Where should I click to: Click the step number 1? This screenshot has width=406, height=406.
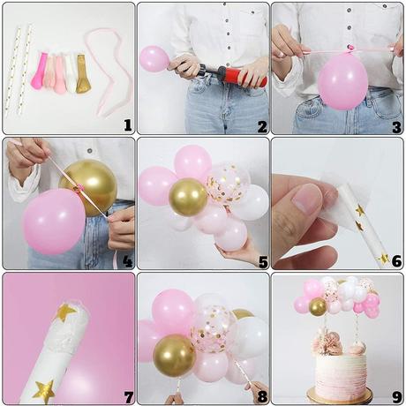[x=127, y=125]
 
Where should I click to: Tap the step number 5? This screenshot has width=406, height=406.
[x=263, y=262]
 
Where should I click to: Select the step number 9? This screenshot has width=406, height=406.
[x=397, y=397]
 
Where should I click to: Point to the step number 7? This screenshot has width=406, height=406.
[x=128, y=397]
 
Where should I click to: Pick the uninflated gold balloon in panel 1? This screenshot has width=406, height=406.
[x=83, y=74]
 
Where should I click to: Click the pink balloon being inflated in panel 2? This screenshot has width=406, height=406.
[x=154, y=59]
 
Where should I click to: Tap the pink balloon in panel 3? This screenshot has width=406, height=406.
[x=342, y=80]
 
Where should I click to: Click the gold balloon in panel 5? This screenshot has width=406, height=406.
[x=188, y=197]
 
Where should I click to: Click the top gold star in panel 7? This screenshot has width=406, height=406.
[x=65, y=312]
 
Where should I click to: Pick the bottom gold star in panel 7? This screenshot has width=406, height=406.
[x=44, y=391]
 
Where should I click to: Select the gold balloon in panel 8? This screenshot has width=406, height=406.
[x=175, y=356]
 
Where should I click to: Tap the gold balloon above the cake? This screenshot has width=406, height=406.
[x=318, y=306]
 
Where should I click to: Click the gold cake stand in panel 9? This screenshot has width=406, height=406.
[x=339, y=395]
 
